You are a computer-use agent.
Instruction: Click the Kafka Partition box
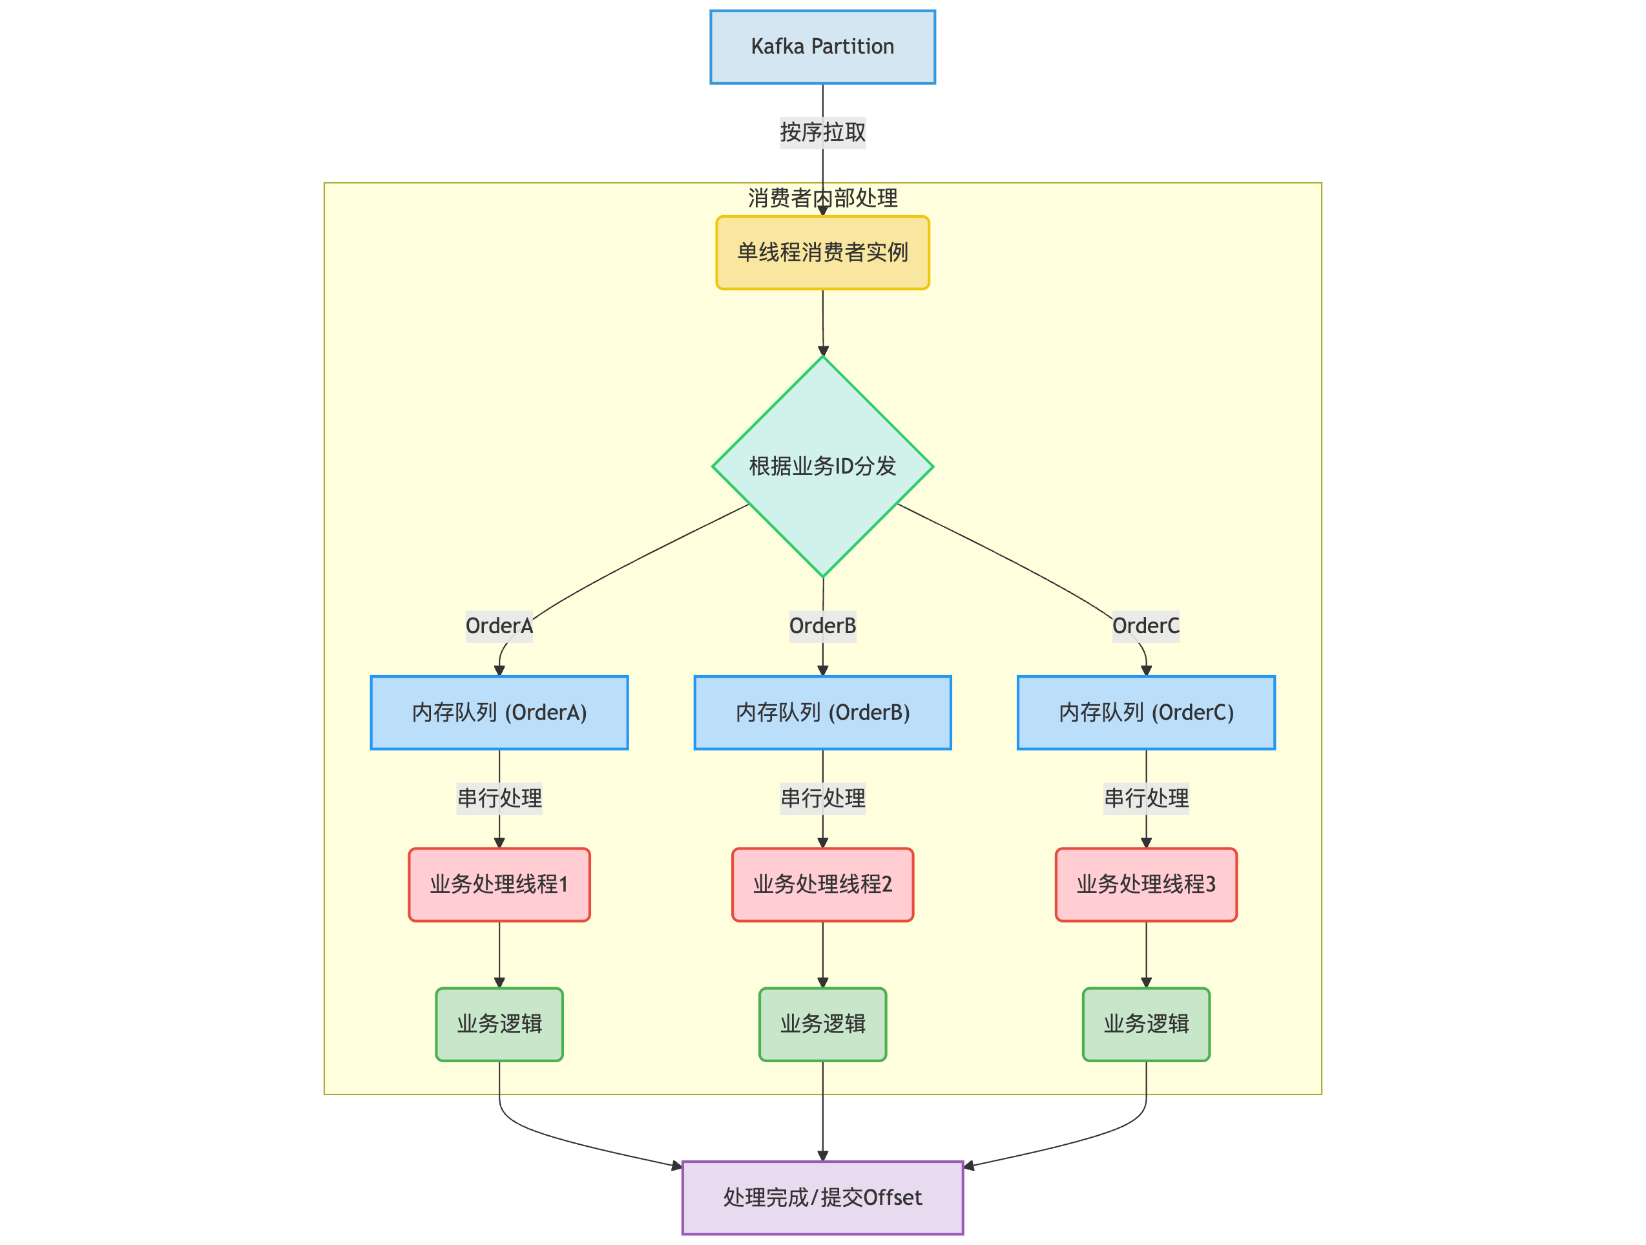pos(822,47)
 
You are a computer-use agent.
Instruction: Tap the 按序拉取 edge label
pos(822,132)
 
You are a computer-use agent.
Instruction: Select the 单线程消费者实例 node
pos(822,252)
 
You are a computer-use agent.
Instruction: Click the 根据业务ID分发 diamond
pos(822,466)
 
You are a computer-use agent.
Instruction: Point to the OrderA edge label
pos(499,626)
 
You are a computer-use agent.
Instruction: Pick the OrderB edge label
pos(822,626)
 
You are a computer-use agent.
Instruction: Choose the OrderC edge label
pos(1145,626)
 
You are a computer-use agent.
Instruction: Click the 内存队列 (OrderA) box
pos(499,712)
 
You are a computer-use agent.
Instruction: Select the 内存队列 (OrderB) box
pos(822,712)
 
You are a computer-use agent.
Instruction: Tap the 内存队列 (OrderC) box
pos(1146,712)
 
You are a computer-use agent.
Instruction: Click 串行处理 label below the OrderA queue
pos(499,798)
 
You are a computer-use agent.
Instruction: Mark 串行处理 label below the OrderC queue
pos(1146,798)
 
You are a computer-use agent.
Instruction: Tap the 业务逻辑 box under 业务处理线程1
pos(499,1024)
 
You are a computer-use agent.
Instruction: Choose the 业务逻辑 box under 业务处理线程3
pos(1146,1024)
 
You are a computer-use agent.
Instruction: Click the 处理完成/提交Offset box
pos(822,1197)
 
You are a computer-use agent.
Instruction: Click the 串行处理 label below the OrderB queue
pos(822,798)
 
